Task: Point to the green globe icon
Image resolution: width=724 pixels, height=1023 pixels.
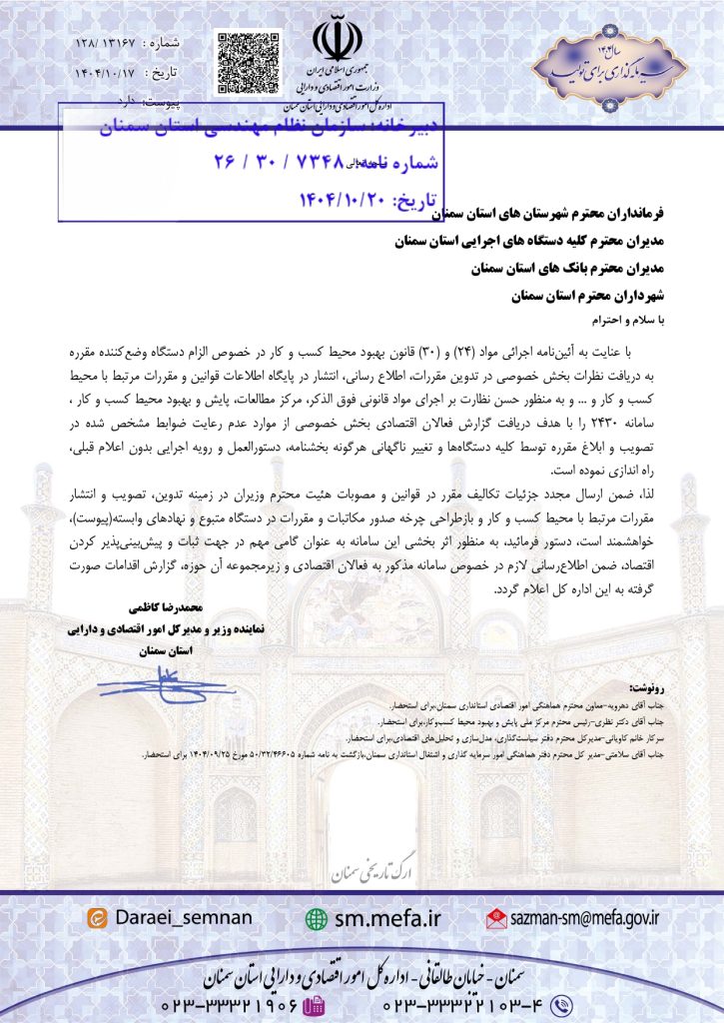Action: point(318,918)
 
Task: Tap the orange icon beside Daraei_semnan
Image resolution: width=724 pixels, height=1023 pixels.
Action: point(97,918)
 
